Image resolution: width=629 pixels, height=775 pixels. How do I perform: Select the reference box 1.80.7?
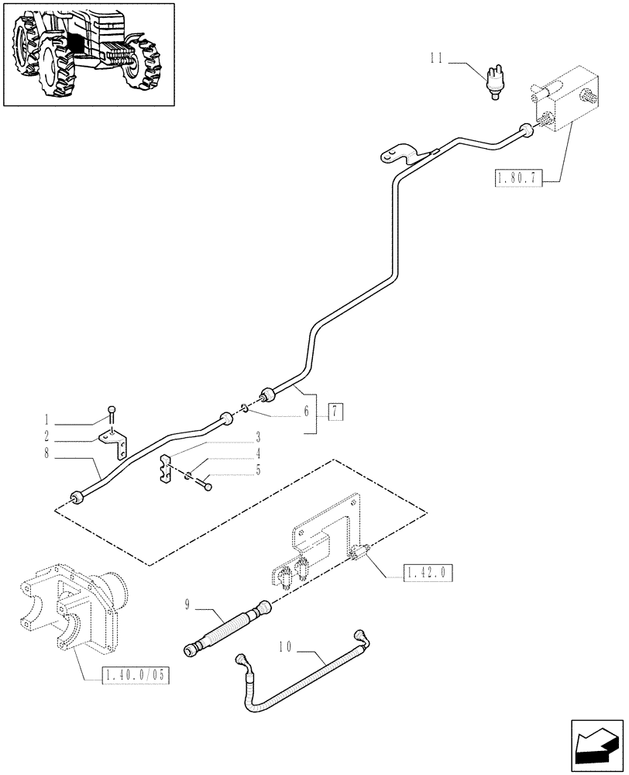point(515,180)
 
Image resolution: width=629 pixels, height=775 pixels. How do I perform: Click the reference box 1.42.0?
point(426,573)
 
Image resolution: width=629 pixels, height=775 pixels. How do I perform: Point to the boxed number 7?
point(334,412)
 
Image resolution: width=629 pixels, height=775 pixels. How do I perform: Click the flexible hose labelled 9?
point(227,624)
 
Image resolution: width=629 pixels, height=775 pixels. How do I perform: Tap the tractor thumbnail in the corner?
point(88,54)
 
